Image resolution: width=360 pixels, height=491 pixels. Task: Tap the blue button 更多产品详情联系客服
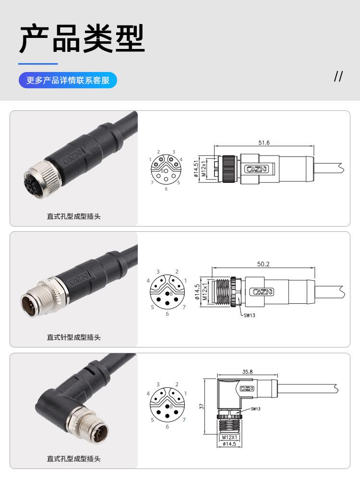(68, 80)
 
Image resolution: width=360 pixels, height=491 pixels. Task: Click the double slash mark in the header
(338, 76)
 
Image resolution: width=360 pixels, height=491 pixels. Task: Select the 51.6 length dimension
(264, 143)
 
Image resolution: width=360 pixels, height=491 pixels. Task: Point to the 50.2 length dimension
(264, 264)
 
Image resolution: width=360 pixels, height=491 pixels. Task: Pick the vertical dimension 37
(202, 406)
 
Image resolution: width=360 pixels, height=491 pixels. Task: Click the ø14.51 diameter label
(196, 168)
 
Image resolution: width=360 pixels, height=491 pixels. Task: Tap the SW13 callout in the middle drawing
(250, 315)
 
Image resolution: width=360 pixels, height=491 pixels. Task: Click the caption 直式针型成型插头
(73, 337)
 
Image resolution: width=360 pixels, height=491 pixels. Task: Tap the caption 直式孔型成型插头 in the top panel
(73, 216)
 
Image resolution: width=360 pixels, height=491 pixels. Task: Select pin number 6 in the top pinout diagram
(166, 189)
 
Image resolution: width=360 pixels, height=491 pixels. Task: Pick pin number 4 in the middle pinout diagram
(149, 281)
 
